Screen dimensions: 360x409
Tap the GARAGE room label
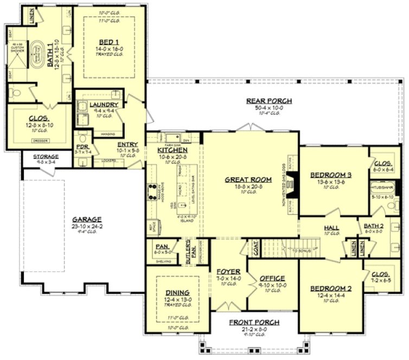[x=87, y=220]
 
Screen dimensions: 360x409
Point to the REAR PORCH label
[x=269, y=101]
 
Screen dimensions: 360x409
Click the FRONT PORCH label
[x=254, y=322]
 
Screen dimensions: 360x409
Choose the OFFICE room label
[x=272, y=279]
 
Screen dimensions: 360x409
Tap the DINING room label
[x=177, y=293]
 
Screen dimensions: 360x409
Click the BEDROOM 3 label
[x=331, y=175]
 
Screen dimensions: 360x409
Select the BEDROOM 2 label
[x=330, y=288]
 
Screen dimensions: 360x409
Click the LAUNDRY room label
[x=100, y=104]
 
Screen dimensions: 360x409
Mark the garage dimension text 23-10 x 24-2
[x=87, y=227]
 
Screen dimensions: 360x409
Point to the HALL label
[x=331, y=228]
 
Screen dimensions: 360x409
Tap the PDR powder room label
[x=83, y=146]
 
